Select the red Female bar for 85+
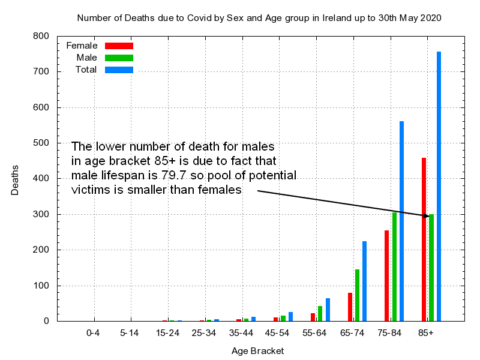[424, 239]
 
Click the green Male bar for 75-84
[394, 266]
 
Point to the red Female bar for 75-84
[387, 275]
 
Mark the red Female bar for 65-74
[350, 307]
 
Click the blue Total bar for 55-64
[328, 310]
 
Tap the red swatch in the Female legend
[119, 46]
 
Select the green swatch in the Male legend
[119, 58]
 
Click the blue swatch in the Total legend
[119, 70]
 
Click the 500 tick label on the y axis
[41, 143]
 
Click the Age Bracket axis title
[258, 351]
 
